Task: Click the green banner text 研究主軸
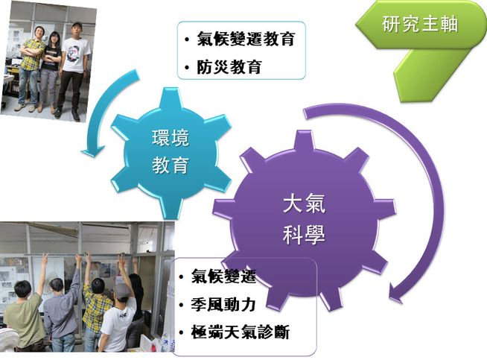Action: pyautogui.click(x=420, y=24)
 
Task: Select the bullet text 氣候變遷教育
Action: pyautogui.click(x=246, y=39)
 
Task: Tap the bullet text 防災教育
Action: pyautogui.click(x=229, y=66)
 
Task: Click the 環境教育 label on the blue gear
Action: pyautogui.click(x=171, y=151)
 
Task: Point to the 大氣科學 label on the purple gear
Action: pyautogui.click(x=304, y=219)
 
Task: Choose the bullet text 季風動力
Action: pyautogui.click(x=223, y=304)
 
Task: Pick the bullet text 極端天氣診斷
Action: pyautogui.click(x=240, y=332)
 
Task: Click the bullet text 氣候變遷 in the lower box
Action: pyautogui.click(x=223, y=276)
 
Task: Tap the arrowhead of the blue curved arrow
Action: pyautogui.click(x=92, y=151)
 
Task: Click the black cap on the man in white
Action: pyautogui.click(x=77, y=25)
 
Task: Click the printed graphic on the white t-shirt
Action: pyautogui.click(x=74, y=54)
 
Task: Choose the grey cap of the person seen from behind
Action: pyautogui.click(x=121, y=291)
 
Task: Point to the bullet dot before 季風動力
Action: pyautogui.click(x=182, y=305)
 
